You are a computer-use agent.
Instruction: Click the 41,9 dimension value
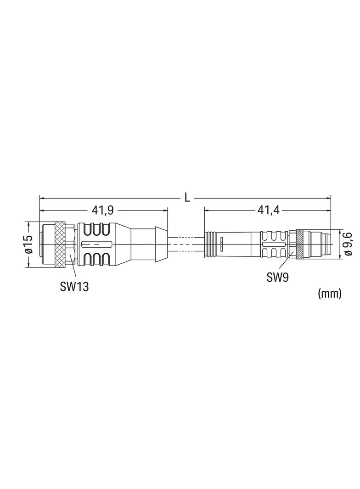pyautogui.click(x=102, y=211)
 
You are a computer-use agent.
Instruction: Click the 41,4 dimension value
pyautogui.click(x=268, y=211)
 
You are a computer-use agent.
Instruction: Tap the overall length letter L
pyautogui.click(x=187, y=197)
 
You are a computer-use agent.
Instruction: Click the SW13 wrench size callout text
pyautogui.click(x=74, y=287)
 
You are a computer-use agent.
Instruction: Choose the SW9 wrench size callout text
pyautogui.click(x=277, y=277)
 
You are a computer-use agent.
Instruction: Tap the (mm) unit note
pyautogui.click(x=329, y=293)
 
